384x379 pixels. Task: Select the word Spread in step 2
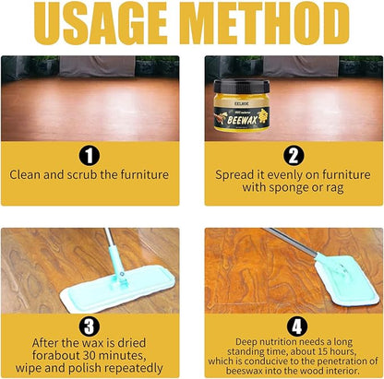pos(236,173)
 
